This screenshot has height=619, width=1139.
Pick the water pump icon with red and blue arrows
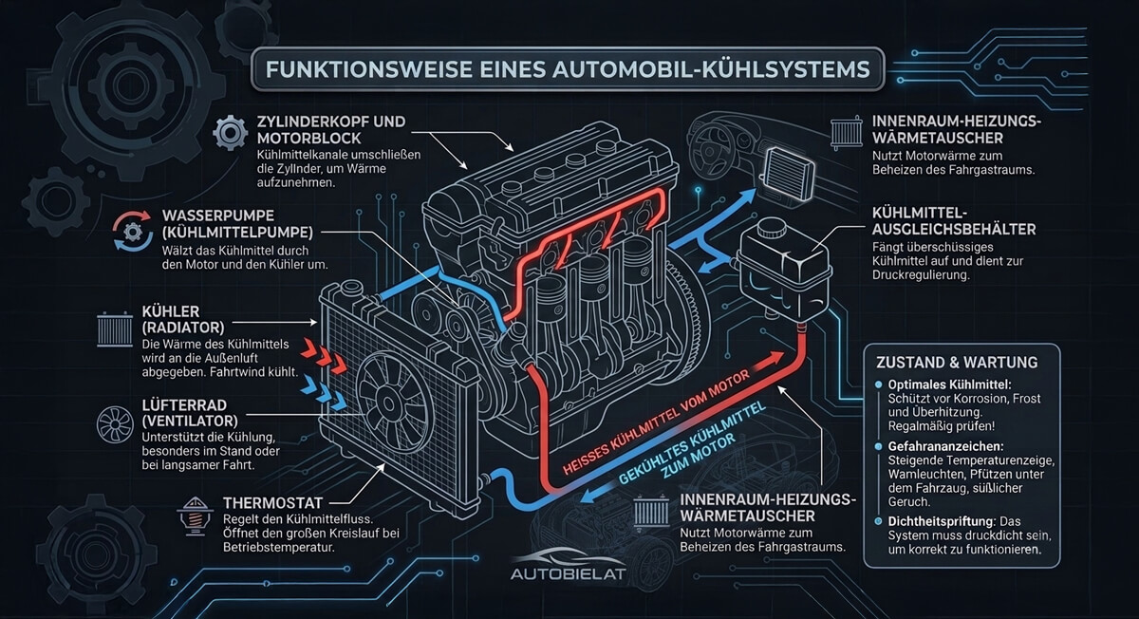tap(132, 231)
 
